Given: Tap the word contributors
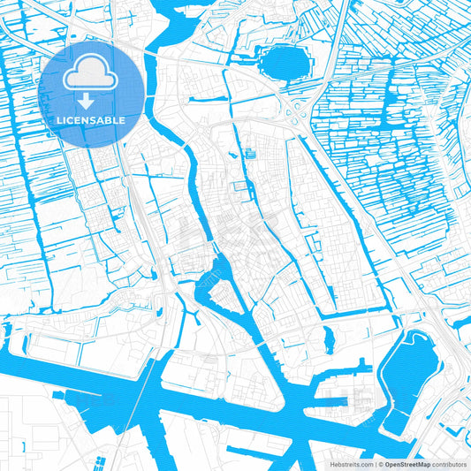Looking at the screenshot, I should [x=449, y=463].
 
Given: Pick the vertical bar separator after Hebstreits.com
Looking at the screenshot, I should [x=373, y=463].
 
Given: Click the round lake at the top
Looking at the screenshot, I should [x=283, y=64].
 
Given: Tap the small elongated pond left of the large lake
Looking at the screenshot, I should [x=329, y=338].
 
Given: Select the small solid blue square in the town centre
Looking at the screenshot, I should [x=250, y=155].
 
